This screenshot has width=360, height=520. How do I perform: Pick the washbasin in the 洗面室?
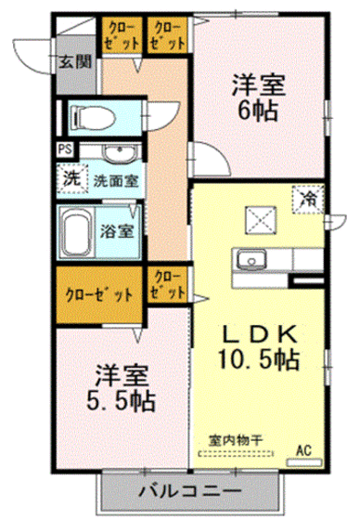coord(117,155)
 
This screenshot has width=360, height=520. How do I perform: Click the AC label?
coord(302,450)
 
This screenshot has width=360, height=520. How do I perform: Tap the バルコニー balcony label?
coord(190,489)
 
